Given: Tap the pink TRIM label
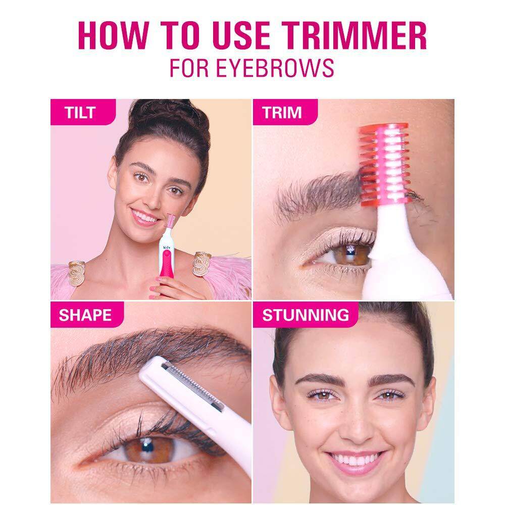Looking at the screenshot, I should point(282,112).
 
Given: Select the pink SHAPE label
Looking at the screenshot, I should point(84,315).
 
